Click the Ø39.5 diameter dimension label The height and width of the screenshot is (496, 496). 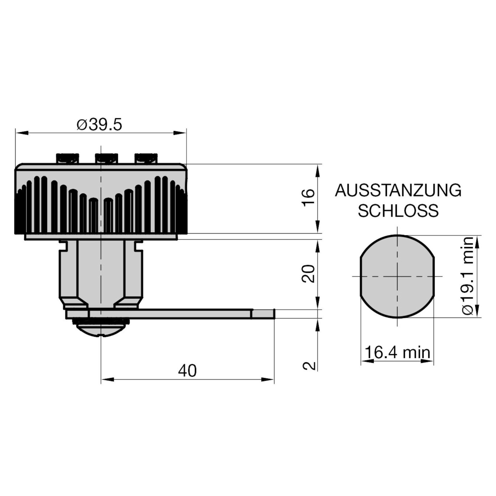(x=100, y=125)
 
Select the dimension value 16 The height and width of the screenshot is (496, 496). (x=308, y=197)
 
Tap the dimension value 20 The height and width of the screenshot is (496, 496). (x=308, y=273)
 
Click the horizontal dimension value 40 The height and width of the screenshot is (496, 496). (x=187, y=371)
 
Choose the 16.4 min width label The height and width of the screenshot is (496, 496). (x=397, y=352)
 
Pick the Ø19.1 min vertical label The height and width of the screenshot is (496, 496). (x=468, y=276)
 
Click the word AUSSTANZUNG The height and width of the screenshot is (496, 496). (x=398, y=191)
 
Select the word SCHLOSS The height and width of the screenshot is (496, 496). (x=398, y=211)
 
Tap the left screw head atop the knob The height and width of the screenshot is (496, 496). (x=68, y=158)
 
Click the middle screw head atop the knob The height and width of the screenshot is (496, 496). (x=106, y=158)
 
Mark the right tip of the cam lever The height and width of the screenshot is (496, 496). (x=274, y=314)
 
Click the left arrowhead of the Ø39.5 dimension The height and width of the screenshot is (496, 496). (x=21, y=133)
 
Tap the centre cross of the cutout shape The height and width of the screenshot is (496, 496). (x=397, y=276)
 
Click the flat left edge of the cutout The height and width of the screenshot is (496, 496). (x=360, y=276)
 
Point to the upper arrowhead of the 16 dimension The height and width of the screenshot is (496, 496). (x=317, y=169)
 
